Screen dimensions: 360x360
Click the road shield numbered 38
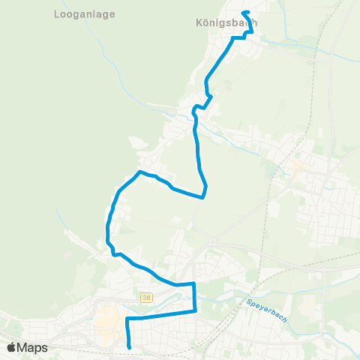[x=144, y=298]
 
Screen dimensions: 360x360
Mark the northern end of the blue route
[x=244, y=12]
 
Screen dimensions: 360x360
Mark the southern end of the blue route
[x=130, y=347]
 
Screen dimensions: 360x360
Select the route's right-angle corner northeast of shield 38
[x=194, y=283]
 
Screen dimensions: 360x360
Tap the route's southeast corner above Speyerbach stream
[x=195, y=310]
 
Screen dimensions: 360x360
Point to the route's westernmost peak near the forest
[x=139, y=172]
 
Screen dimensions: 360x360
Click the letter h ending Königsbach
[x=254, y=22]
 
